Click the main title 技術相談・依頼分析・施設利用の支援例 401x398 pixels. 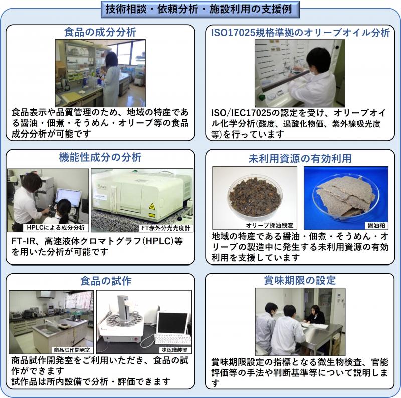click(x=200, y=9)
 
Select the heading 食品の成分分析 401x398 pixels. click(x=100, y=32)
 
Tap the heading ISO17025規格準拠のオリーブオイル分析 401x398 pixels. click(x=300, y=32)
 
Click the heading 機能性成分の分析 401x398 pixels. click(x=100, y=156)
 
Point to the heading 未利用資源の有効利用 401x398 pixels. click(x=300, y=158)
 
